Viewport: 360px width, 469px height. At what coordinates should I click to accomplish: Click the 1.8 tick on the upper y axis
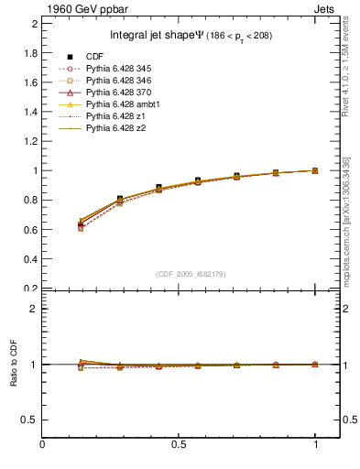pyautogui.click(x=30, y=52)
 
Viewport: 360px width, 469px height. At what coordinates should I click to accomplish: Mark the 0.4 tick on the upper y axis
pyautogui.click(x=30, y=259)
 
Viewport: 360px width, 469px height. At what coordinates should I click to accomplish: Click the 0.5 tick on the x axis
pyautogui.click(x=180, y=445)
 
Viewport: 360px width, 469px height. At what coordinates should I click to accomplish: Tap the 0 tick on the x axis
pyautogui.click(x=42, y=445)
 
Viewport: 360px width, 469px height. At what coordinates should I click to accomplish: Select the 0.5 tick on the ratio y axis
pyautogui.click(x=30, y=420)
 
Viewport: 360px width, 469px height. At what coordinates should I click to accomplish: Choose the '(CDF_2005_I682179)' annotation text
pyautogui.click(x=191, y=274)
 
